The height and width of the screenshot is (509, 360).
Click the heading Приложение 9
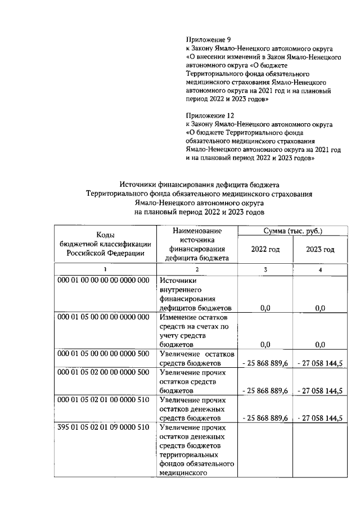pos(208,40)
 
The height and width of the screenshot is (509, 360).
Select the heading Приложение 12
pos(210,115)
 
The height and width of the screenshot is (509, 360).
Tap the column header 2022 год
pos(265,249)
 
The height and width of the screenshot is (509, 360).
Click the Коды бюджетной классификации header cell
pos(105,244)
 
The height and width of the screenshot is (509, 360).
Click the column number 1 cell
pos(105,270)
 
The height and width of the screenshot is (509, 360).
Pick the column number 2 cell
pos(197,270)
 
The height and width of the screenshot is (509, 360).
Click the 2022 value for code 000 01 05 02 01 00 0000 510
pos(265,418)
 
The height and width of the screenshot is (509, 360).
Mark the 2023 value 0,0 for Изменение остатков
pos(320,345)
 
